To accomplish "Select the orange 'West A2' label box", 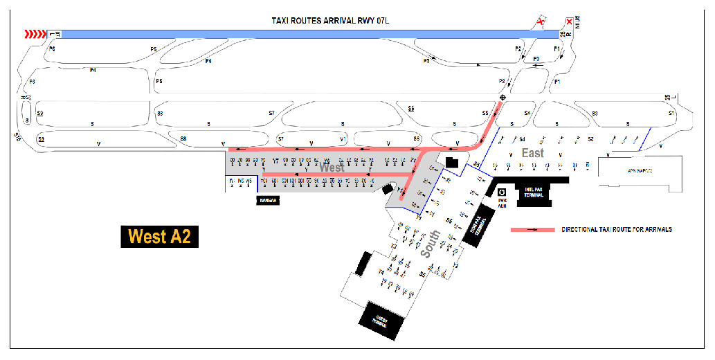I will point(159,237).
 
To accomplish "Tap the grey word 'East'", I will point(533,152).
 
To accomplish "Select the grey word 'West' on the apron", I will point(332,168).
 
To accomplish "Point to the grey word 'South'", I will point(430,244).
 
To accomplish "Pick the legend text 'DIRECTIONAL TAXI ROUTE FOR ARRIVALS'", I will point(617,229).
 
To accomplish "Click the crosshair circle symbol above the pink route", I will point(502,98).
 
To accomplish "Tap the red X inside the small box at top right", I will point(569,21).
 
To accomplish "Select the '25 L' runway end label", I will point(668,99).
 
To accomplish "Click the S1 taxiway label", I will point(671,113).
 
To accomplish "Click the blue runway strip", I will point(298,33).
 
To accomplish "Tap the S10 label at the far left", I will point(18,138).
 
